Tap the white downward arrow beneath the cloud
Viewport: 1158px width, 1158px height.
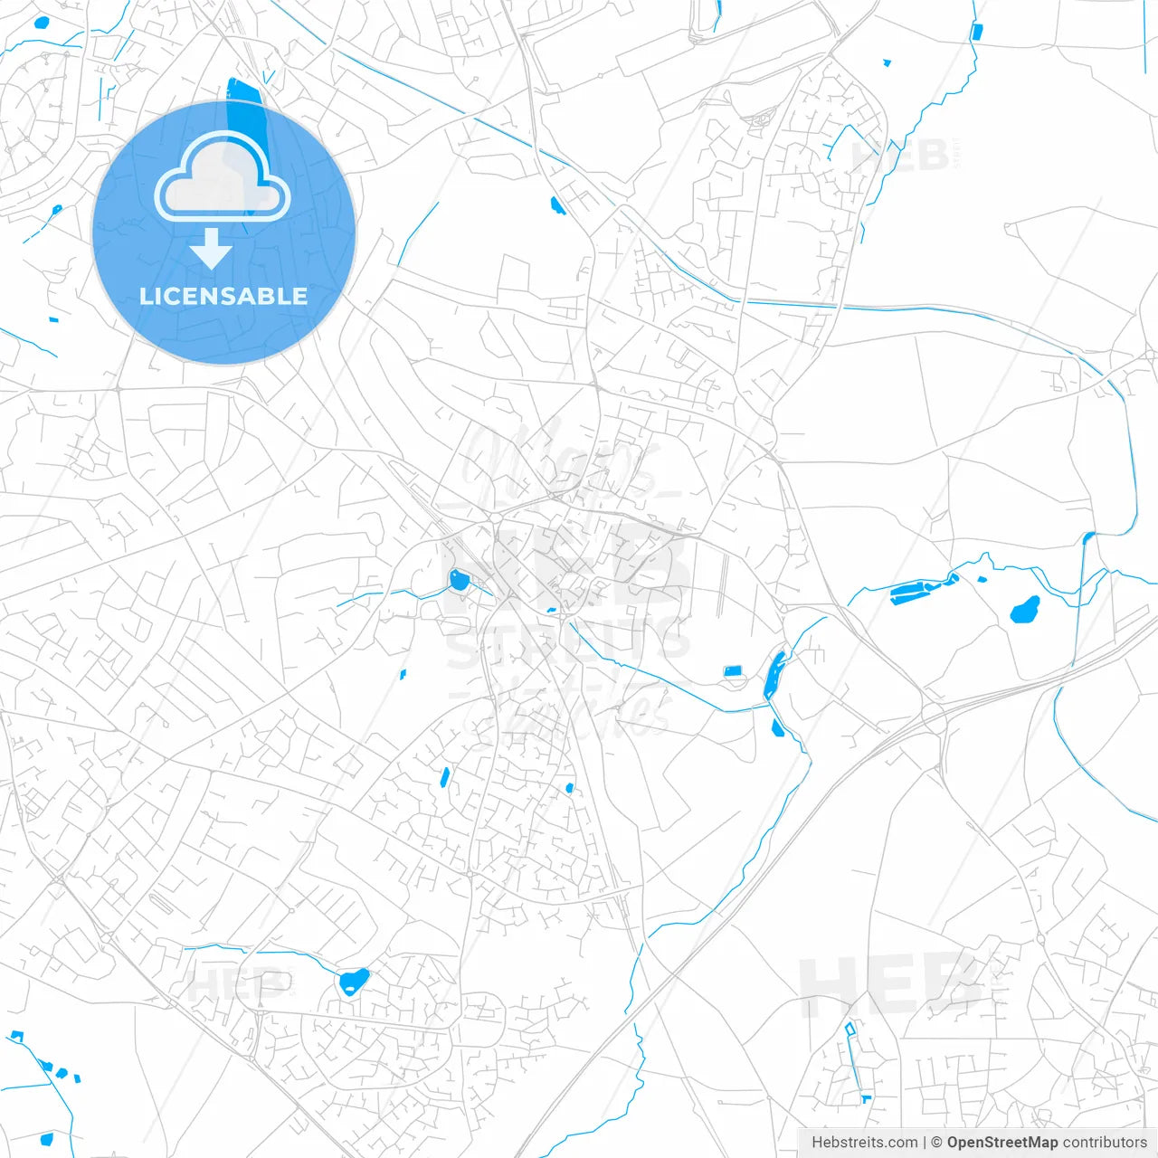tap(212, 249)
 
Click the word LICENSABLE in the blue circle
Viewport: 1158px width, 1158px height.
tap(223, 297)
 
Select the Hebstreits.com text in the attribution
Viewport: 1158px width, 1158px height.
tap(865, 1143)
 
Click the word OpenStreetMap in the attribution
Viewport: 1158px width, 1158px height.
tap(1001, 1143)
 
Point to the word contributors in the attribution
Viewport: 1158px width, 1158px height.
tap(1105, 1143)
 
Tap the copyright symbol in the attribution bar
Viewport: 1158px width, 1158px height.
tap(936, 1143)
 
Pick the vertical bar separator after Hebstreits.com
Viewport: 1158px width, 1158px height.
tap(925, 1143)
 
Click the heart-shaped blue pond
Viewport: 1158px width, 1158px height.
tap(352, 981)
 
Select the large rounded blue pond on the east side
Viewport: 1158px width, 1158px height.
tap(1024, 611)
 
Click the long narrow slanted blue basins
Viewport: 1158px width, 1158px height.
tap(923, 588)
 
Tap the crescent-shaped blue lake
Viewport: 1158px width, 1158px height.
tap(774, 674)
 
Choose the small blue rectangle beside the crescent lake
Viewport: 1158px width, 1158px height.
tap(733, 670)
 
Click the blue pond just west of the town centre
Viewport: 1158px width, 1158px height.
tap(460, 580)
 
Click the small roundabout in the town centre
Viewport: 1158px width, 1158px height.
tap(496, 518)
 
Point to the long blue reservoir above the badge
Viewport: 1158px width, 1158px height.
tap(242, 100)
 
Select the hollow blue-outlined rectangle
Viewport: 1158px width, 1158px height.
tap(849, 1029)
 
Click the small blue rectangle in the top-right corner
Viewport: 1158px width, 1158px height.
tap(976, 32)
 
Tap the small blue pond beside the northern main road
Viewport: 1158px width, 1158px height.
tap(556, 205)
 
